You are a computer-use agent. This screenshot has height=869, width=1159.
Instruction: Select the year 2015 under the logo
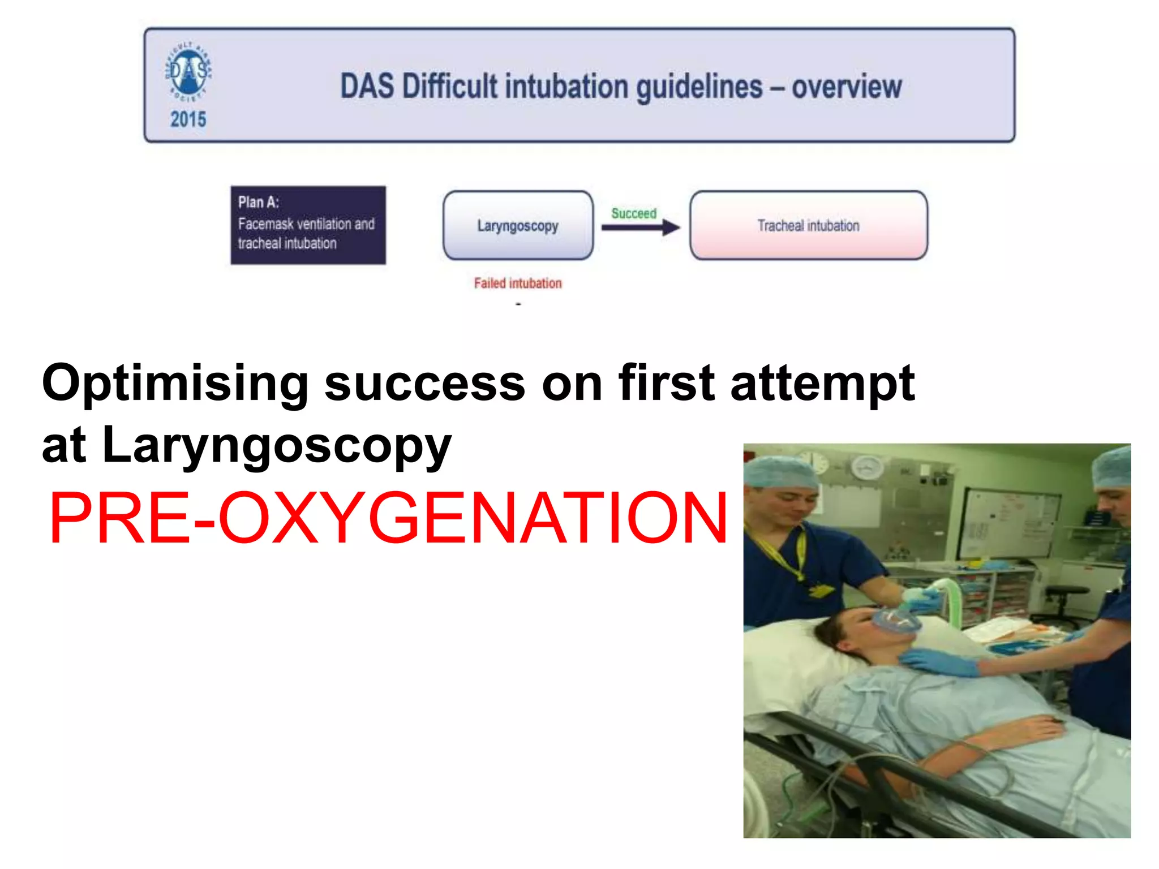[x=188, y=119]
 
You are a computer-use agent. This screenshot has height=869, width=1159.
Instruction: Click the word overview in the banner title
[x=846, y=87]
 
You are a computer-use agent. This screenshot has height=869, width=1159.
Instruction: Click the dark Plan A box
[x=308, y=225]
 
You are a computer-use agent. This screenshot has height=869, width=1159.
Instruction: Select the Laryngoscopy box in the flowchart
[x=518, y=225]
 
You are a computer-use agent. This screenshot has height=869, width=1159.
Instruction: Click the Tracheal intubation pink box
[x=808, y=225]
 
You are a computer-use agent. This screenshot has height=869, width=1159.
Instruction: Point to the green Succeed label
[x=634, y=213]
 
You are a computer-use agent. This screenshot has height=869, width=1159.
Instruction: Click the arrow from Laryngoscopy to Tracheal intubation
[x=639, y=227]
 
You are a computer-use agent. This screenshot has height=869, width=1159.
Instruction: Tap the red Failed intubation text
[x=518, y=283]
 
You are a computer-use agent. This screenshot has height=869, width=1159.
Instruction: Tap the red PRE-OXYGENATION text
[x=388, y=518]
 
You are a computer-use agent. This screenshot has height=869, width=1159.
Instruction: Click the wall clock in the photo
[x=868, y=467]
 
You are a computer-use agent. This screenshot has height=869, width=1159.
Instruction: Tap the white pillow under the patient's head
[x=792, y=651]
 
